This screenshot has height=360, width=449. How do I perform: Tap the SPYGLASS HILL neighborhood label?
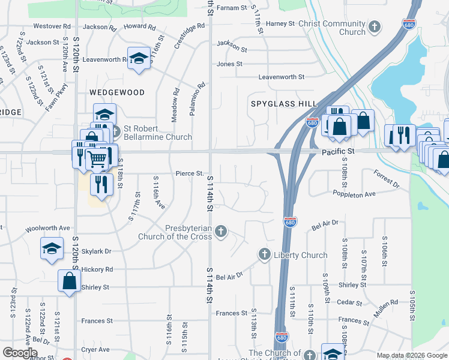283,104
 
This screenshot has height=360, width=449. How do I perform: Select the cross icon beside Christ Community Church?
375,26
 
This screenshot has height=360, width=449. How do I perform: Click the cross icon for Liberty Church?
264,255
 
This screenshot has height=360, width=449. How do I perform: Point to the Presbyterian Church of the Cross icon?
221,231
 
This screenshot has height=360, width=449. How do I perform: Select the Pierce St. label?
190,173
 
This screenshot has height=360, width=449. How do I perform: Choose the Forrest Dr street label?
386,179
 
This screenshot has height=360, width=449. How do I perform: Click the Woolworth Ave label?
47,229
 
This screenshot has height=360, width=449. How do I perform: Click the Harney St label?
280,23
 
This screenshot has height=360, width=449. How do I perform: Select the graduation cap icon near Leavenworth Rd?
139,58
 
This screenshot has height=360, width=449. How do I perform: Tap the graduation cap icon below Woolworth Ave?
52,248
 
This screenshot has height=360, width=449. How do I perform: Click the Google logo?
20,352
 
